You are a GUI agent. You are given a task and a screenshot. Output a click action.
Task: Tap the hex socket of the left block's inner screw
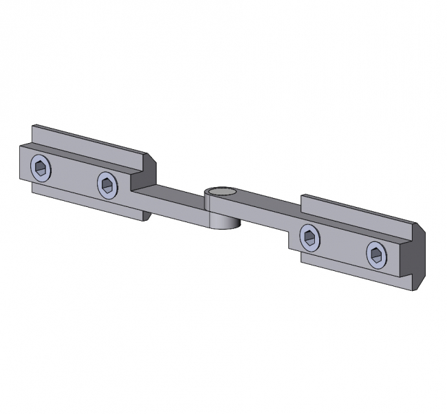tap(108, 184)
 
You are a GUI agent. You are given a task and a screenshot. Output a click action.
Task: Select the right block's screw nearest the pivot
tap(311, 238)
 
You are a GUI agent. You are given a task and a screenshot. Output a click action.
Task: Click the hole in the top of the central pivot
tap(221, 192)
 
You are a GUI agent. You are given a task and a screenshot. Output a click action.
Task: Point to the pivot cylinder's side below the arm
tap(223, 221)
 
